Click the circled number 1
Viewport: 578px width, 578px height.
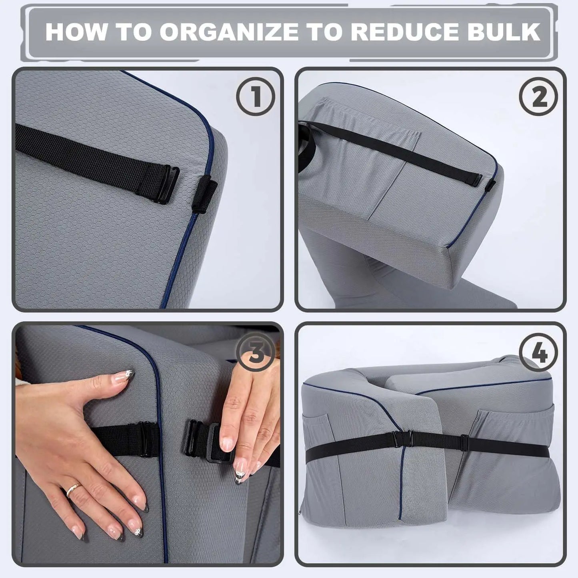tap(255, 96)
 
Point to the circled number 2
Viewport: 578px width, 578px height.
tap(538, 96)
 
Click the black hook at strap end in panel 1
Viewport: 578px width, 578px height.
tap(168, 185)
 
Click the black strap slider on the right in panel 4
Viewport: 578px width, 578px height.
tap(464, 443)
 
